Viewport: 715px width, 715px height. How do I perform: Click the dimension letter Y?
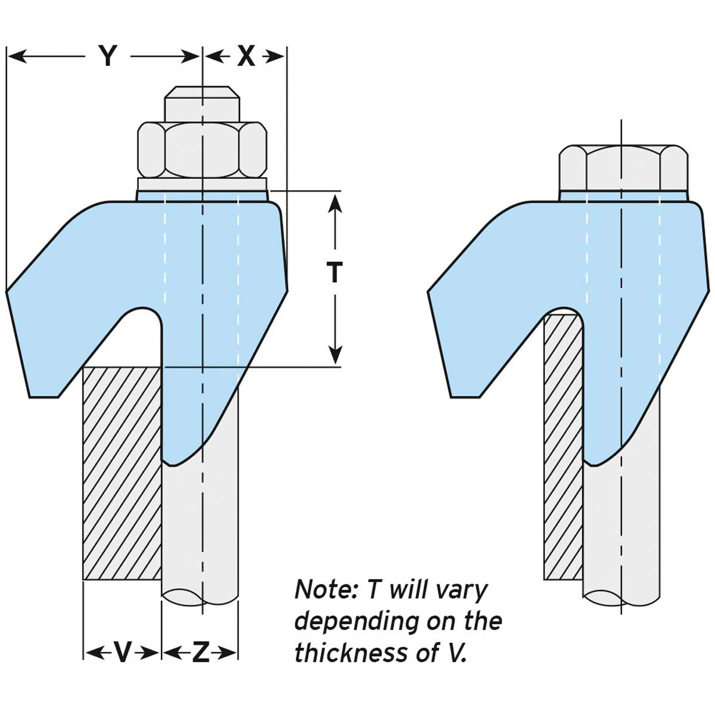(107, 57)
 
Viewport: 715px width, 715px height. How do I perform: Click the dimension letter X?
(246, 57)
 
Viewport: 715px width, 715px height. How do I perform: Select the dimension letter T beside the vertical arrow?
(335, 273)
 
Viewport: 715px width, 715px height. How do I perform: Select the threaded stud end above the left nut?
(202, 104)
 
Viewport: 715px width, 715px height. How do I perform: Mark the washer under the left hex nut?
(202, 184)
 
